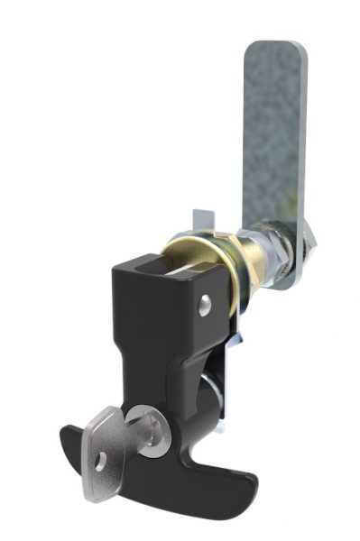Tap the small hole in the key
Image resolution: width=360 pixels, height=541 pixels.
pos(101,457)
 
